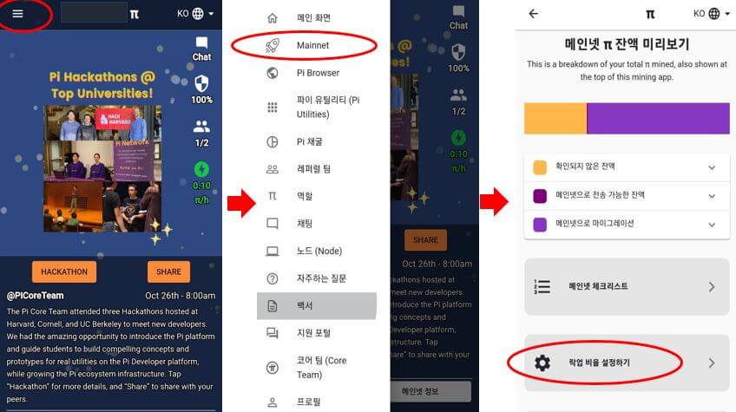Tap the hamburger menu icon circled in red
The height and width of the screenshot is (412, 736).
[x=18, y=14]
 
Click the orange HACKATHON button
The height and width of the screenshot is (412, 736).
[x=64, y=271]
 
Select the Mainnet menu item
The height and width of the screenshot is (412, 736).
[x=312, y=45]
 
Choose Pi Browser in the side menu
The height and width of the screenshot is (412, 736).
[x=318, y=73]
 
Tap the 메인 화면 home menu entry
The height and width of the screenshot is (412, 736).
[x=312, y=17]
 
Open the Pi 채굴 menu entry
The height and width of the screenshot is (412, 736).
[x=309, y=141]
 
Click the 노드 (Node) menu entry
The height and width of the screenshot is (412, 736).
[x=319, y=251]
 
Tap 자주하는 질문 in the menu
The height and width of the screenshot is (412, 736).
[x=321, y=278]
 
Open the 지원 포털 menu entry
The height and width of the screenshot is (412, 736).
[x=313, y=333]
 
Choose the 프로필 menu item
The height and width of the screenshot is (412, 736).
[x=308, y=402]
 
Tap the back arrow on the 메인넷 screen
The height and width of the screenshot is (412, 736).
[x=533, y=14]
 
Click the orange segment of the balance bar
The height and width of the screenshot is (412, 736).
[x=555, y=118]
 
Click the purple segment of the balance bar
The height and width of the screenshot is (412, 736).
[x=658, y=118]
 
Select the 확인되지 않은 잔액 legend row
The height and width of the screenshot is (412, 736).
[x=625, y=167]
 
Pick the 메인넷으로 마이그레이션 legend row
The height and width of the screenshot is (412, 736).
[x=625, y=224]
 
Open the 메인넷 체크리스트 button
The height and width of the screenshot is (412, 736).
[x=625, y=287]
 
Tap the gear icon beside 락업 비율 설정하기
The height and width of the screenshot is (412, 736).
[x=542, y=363]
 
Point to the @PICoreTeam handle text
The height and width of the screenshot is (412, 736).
[x=35, y=296]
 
